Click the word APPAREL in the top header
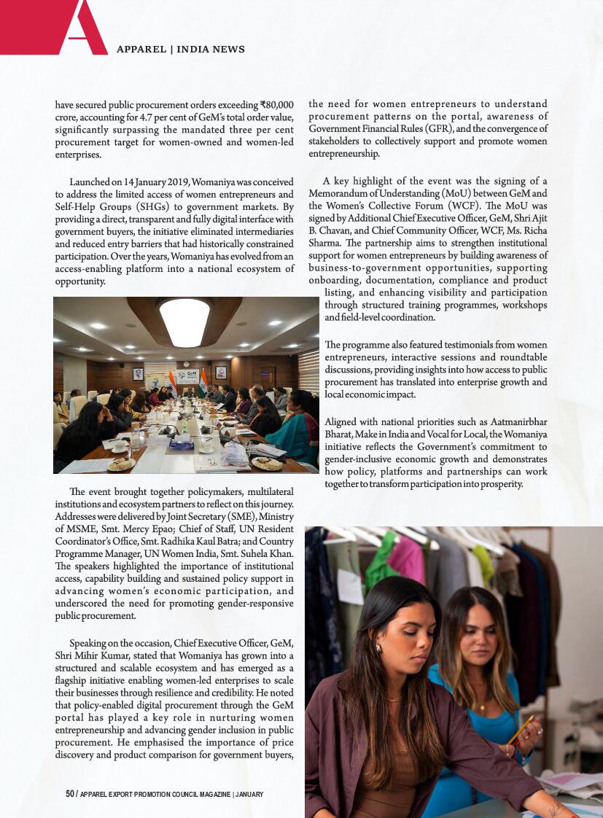pos(141,50)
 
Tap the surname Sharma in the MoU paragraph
pos(326,244)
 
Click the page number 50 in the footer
pos(70,794)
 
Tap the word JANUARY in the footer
pos(249,794)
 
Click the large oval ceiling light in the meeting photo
pos(184,322)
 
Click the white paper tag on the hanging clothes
pos(350,585)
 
